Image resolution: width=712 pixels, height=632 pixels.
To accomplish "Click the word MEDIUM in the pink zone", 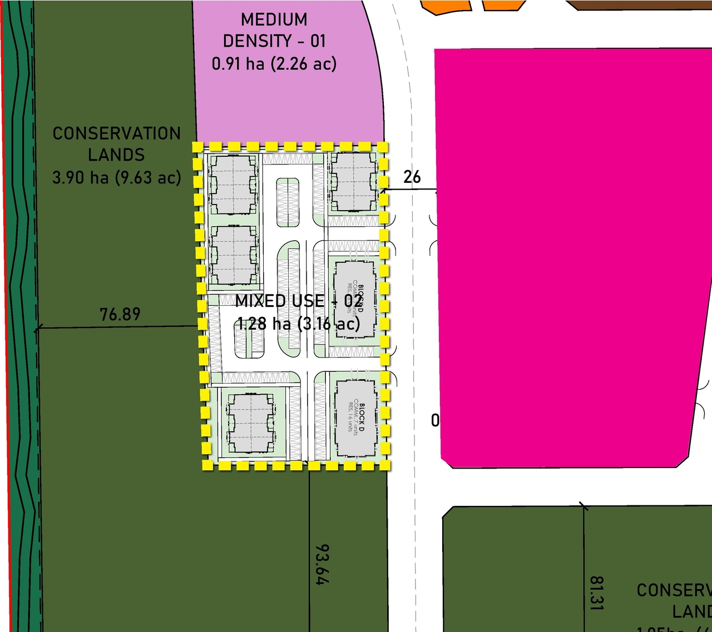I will tap(274, 19).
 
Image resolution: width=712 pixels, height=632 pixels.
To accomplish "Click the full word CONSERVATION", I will tap(116, 133).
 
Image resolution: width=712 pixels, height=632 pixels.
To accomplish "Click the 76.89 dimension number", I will tap(120, 314).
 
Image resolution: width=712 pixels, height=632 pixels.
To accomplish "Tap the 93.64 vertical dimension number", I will tap(322, 564).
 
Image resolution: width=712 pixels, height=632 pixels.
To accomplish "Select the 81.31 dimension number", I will tap(596, 593).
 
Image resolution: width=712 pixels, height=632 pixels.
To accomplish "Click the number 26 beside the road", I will tap(412, 177).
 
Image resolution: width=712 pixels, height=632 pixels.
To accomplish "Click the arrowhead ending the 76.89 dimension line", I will tap(37, 329).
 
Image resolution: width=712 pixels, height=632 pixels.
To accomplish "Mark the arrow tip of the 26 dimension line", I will tap(382, 190).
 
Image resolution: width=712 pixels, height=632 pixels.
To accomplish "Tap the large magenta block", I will tap(567, 256).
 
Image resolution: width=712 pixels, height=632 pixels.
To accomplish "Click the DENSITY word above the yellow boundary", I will tap(257, 41).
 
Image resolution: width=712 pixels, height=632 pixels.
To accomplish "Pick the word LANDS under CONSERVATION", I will tap(116, 155).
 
